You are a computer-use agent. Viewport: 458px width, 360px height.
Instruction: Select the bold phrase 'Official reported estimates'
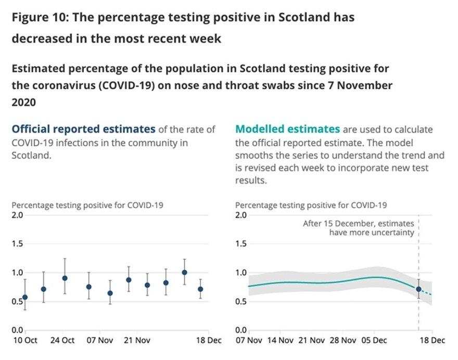[83, 129]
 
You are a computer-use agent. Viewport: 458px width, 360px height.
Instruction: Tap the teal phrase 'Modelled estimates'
[288, 129]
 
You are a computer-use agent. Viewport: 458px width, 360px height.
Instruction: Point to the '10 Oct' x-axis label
[24, 340]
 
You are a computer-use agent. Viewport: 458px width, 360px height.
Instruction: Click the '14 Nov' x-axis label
[280, 340]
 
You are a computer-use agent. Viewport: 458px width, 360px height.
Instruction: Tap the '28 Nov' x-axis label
[344, 340]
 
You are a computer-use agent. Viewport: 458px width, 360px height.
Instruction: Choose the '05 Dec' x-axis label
[375, 340]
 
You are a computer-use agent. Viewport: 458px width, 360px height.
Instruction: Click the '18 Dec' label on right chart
[432, 340]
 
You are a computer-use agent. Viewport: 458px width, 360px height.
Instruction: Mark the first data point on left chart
[25, 297]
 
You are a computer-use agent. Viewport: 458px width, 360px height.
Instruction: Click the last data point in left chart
[200, 289]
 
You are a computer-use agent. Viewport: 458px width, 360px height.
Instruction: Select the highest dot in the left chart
[184, 272]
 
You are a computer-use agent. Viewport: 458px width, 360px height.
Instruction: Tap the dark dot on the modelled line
[418, 289]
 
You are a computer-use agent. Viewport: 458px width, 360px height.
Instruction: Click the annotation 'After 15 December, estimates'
[359, 224]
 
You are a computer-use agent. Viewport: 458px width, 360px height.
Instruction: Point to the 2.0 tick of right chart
[241, 215]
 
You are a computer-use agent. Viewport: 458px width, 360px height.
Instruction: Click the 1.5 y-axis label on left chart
[17, 244]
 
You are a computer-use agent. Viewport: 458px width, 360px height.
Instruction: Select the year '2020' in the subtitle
[23, 102]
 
